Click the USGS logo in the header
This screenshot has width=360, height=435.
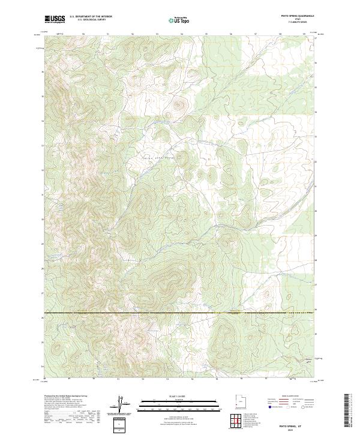pyautogui.click(x=55, y=19)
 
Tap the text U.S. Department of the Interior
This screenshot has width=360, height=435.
pyautogui.click(x=90, y=17)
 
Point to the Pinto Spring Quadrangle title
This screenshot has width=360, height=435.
pyautogui.click(x=293, y=16)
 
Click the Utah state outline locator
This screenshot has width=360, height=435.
pyautogui.click(x=238, y=401)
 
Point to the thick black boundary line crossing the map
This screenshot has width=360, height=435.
pyautogui.click(x=180, y=312)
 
